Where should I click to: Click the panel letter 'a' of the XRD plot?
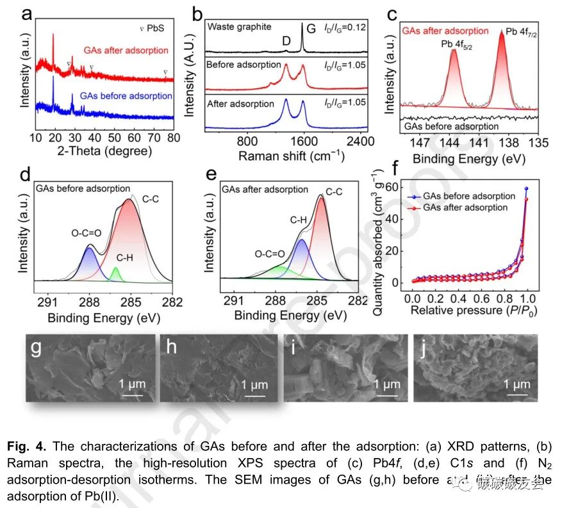click(x=26, y=14)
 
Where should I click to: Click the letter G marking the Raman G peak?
click(x=311, y=28)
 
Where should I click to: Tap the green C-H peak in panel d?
click(x=116, y=274)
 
